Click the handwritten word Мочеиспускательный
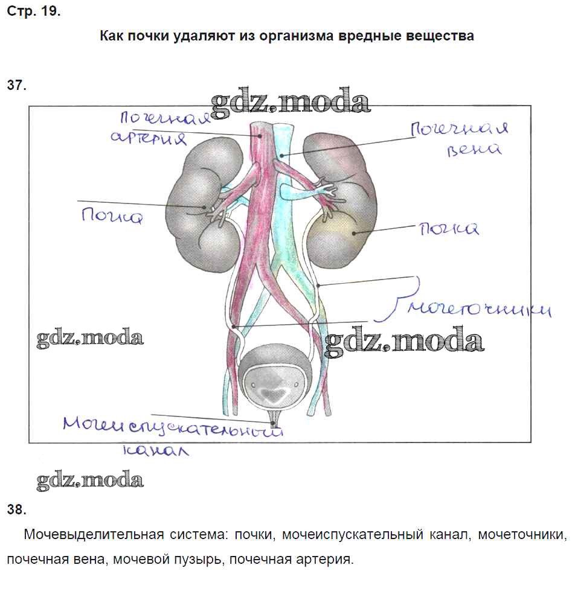pos(173,426)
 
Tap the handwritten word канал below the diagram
pos(155,450)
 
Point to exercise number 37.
pos(16,85)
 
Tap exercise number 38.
pos(16,509)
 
